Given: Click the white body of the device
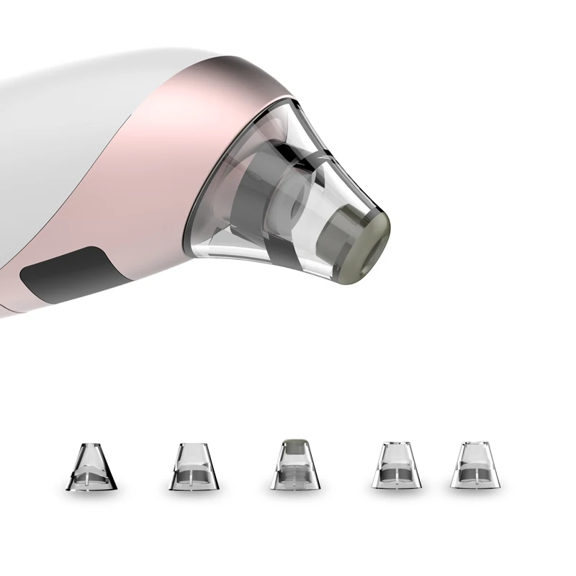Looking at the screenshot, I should point(58,144).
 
